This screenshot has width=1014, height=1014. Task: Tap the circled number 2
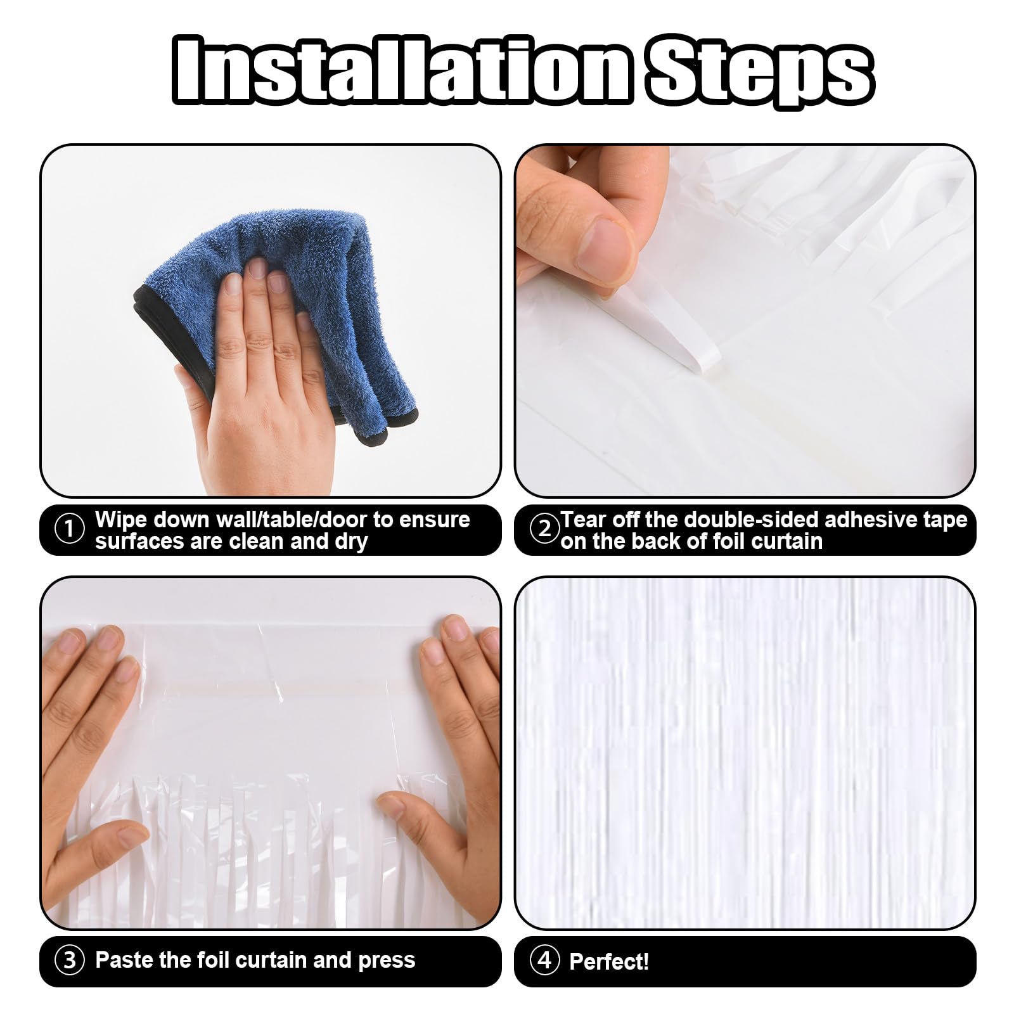(544, 529)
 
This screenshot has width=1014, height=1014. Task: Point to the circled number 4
(544, 961)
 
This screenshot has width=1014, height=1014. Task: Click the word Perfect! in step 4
(609, 961)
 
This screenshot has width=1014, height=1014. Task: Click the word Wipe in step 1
(121, 520)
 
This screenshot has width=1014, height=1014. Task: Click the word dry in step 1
(352, 542)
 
